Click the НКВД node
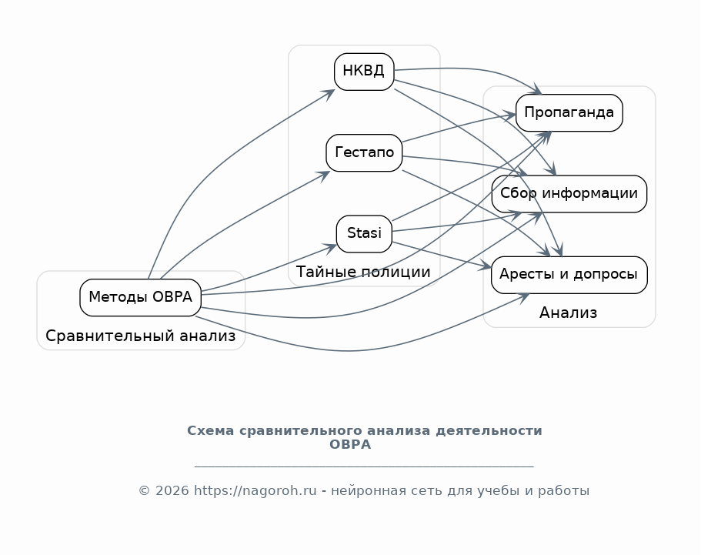coord(364,72)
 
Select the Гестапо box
coord(364,153)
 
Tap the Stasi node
coord(364,234)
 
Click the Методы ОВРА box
coord(140,297)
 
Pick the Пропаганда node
coord(569,112)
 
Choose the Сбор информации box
coord(569,194)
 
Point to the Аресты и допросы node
coord(569,275)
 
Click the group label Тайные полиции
coord(363,272)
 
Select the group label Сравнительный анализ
coord(140,336)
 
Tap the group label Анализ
coord(568,313)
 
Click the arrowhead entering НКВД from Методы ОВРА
coord(330,95)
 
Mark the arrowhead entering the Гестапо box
coord(325,176)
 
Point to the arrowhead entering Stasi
coord(331,248)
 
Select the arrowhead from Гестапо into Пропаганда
coord(510,116)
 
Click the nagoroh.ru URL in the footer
coord(255,490)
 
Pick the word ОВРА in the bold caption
coord(350,444)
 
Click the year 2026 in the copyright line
coord(172,490)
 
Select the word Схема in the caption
coord(211,430)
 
